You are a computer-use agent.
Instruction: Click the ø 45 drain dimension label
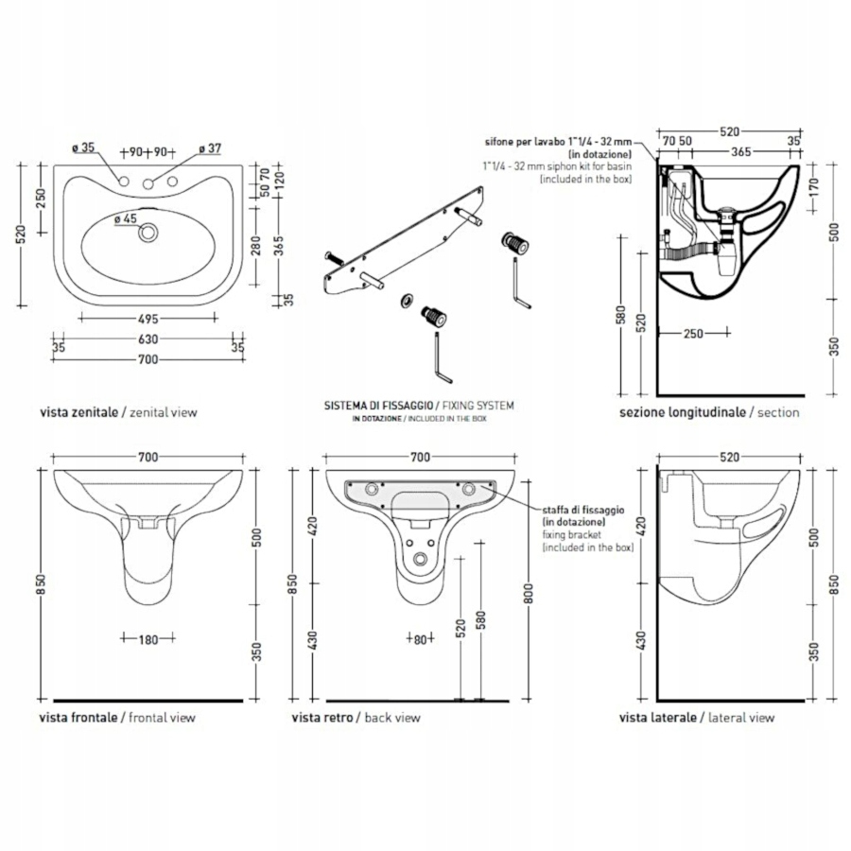tap(126, 218)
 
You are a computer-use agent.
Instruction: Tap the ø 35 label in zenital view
tap(83, 147)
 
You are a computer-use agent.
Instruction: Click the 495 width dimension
tap(145, 319)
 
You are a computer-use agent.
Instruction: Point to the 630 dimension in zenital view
tap(145, 339)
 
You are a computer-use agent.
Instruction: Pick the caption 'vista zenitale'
tap(78, 412)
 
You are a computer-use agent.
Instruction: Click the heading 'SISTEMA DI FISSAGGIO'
tap(369, 405)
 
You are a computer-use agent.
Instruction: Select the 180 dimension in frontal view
tap(147, 639)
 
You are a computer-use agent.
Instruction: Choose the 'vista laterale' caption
tap(658, 718)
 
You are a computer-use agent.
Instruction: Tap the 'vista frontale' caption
tap(78, 718)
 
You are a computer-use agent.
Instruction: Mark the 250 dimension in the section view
tap(693, 333)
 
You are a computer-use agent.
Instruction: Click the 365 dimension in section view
tap(740, 150)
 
